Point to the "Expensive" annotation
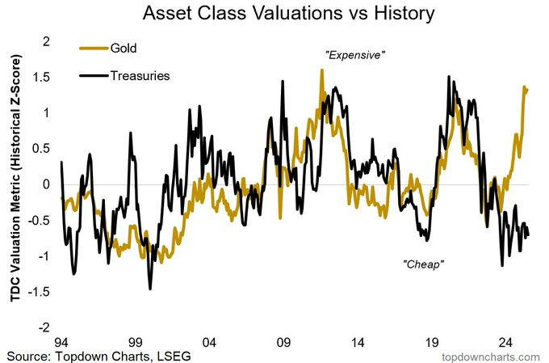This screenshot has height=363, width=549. (355, 56)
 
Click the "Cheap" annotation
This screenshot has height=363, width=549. (423, 264)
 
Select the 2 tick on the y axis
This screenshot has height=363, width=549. (46, 40)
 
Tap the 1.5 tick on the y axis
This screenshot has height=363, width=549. (41, 77)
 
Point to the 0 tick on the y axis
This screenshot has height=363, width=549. (46, 184)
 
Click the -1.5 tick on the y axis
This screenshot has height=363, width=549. (40, 292)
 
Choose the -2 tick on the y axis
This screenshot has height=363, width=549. (44, 327)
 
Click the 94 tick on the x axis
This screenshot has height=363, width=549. (61, 341)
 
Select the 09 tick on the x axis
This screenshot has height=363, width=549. (283, 341)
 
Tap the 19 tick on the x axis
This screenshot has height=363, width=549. (430, 341)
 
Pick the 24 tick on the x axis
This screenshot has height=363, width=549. (504, 341)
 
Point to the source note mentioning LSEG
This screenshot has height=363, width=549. (98, 355)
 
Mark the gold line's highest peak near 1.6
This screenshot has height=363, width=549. (321, 70)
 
